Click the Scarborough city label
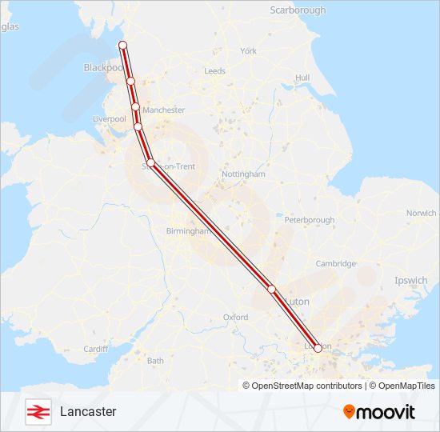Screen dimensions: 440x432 pos(298,10)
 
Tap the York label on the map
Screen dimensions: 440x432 pos(248,51)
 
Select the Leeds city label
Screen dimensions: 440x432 pos(214,71)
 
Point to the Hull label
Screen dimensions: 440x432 pos(302,78)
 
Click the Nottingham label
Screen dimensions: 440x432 pos(242,174)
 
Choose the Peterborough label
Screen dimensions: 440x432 pos(309,220)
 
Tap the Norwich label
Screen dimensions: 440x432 pos(421,214)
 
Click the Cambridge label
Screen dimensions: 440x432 pos(335,264)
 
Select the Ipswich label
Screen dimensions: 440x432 pos(410,281)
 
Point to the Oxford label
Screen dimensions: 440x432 pos(235,318)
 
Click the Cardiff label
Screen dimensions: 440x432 pos(95,349)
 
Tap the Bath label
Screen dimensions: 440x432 pos(155,361)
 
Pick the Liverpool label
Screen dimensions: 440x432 pos(110,119)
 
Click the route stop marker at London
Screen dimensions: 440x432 pos(318,348)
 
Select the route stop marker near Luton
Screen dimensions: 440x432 pos(272,289)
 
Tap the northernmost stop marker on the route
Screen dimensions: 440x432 pos(123,45)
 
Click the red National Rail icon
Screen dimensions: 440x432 pos(37,411)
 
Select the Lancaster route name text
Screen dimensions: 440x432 pos(88,411)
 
